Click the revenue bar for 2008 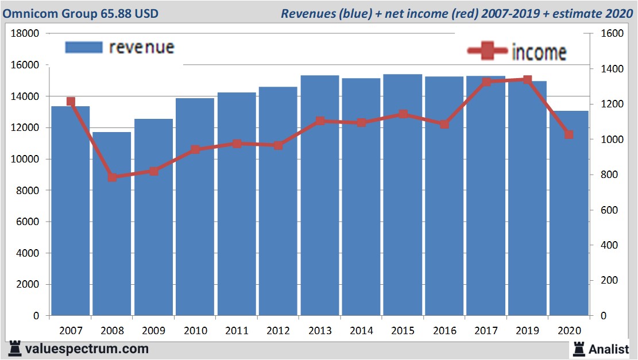click(112, 224)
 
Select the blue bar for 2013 click(320, 195)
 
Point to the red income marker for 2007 click(71, 102)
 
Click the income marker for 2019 click(527, 80)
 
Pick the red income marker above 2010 click(195, 150)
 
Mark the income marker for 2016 click(444, 124)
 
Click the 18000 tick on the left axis click(25, 34)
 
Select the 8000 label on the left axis click(28, 191)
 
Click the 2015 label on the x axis click(403, 331)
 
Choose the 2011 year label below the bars click(237, 331)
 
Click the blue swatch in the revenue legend click(83, 47)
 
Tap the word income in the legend click(539, 52)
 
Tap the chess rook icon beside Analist click(578, 349)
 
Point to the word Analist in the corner click(609, 349)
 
